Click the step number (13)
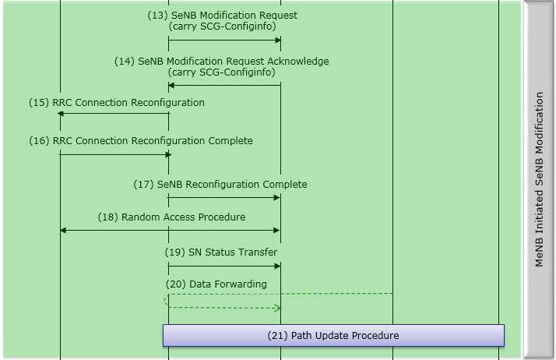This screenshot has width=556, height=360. pyautogui.click(x=158, y=16)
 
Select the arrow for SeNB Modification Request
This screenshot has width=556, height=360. pyautogui.click(x=224, y=40)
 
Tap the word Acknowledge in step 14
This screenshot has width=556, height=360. pyautogui.click(x=298, y=62)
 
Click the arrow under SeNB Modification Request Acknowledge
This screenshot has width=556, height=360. pyautogui.click(x=224, y=85)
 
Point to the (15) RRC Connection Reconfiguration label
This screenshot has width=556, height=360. pyautogui.click(x=117, y=103)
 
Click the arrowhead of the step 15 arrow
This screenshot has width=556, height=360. pyautogui.click(x=60, y=114)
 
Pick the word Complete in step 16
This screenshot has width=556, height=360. pyautogui.click(x=230, y=141)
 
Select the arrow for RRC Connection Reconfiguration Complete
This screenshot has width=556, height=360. pyautogui.click(x=115, y=154)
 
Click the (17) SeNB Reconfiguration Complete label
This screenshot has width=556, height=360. pyautogui.click(x=220, y=185)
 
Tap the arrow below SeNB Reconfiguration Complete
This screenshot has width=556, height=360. pyautogui.click(x=224, y=198)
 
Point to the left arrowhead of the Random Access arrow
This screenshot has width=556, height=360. pyautogui.click(x=63, y=230)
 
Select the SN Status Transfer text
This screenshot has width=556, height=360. pyautogui.click(x=233, y=252)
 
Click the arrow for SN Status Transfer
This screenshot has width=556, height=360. pyautogui.click(x=224, y=266)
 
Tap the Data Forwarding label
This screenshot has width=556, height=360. pyautogui.click(x=228, y=284)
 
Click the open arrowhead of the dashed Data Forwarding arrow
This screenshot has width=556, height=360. pyautogui.click(x=278, y=309)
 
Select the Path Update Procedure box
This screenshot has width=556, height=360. pyautogui.click(x=333, y=335)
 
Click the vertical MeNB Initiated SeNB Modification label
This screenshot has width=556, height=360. pyautogui.click(x=539, y=179)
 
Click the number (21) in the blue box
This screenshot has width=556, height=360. pyautogui.click(x=278, y=336)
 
